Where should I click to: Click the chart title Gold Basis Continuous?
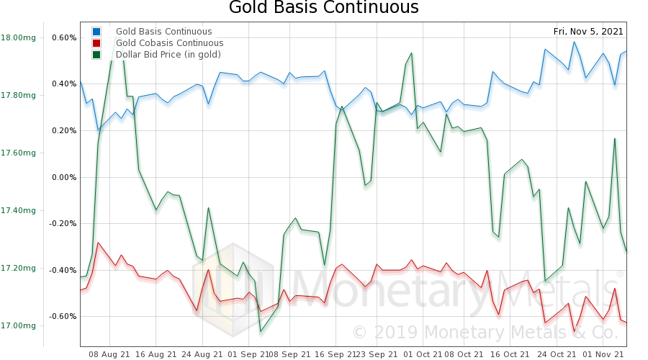click(x=323, y=9)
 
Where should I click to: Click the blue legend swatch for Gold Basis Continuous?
click(x=96, y=32)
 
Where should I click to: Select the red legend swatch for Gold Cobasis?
click(x=96, y=43)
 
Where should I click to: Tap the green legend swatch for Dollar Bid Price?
click(x=96, y=55)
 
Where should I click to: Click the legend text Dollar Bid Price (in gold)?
click(x=168, y=55)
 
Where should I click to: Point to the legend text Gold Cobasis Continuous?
click(x=169, y=43)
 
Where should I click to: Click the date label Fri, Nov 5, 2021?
click(x=588, y=32)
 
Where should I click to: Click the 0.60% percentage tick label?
click(x=64, y=37)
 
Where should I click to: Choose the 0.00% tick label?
click(x=64, y=177)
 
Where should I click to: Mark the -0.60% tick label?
click(x=63, y=316)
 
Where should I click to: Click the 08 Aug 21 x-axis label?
click(x=109, y=354)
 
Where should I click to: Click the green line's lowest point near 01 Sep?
click(x=261, y=331)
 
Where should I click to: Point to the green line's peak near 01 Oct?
click(x=411, y=53)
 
